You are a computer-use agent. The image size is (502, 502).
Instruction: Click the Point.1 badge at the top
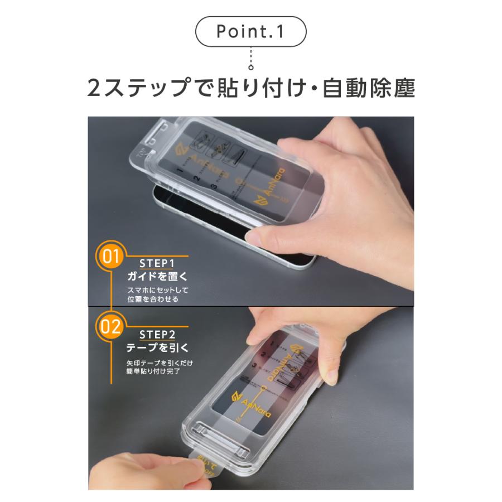point(250,31)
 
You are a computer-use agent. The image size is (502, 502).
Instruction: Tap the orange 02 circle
point(111,326)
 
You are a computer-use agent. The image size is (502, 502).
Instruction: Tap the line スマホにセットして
point(158,290)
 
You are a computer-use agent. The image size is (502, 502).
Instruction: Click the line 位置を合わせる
point(153,300)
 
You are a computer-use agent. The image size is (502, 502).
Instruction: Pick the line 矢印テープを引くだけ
point(160,363)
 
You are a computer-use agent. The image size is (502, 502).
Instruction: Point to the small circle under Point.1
point(251,68)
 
